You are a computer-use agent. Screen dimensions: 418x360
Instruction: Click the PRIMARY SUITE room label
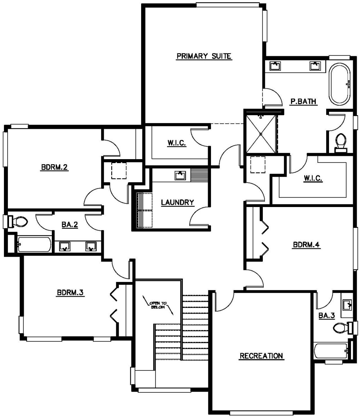203,56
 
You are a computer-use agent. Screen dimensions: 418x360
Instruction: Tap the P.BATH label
303,102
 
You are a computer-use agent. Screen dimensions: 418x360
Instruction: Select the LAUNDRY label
177,203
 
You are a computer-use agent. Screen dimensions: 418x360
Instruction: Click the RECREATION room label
261,356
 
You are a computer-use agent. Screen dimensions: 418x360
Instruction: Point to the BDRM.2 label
55,167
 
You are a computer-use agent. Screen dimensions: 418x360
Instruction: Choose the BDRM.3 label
70,293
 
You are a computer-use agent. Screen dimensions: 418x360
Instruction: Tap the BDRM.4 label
306,245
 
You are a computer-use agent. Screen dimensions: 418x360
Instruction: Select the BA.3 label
327,316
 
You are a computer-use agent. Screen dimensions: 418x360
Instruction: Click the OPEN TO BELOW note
159,305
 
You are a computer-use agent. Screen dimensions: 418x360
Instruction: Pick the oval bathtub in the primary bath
339,85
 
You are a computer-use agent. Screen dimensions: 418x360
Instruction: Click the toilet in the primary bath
340,141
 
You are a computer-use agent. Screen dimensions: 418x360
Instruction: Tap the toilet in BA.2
18,221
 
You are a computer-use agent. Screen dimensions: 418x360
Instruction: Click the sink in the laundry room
180,175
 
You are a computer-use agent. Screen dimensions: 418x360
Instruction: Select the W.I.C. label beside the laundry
176,143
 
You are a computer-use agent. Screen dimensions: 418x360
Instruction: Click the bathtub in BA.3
330,350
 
